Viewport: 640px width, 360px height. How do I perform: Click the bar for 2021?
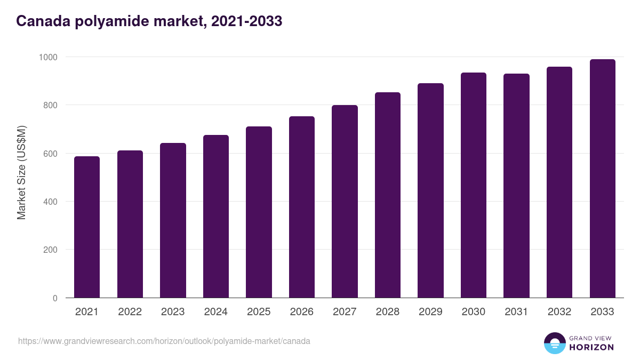click(x=87, y=227)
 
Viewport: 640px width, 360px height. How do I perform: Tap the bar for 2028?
click(x=388, y=195)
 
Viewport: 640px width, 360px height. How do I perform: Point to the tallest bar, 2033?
click(x=602, y=178)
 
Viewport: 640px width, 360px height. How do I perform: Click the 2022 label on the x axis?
click(x=130, y=312)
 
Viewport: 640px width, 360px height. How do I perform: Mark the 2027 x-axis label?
click(x=345, y=312)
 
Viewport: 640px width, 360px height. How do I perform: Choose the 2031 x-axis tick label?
click(x=516, y=312)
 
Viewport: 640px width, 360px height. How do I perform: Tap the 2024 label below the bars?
click(x=215, y=312)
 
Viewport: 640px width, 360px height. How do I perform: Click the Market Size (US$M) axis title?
click(x=21, y=173)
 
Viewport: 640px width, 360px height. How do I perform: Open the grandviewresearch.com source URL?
click(x=164, y=341)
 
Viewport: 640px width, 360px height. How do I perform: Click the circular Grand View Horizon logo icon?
click(x=554, y=343)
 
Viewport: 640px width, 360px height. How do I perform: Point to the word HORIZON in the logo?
click(x=591, y=347)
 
